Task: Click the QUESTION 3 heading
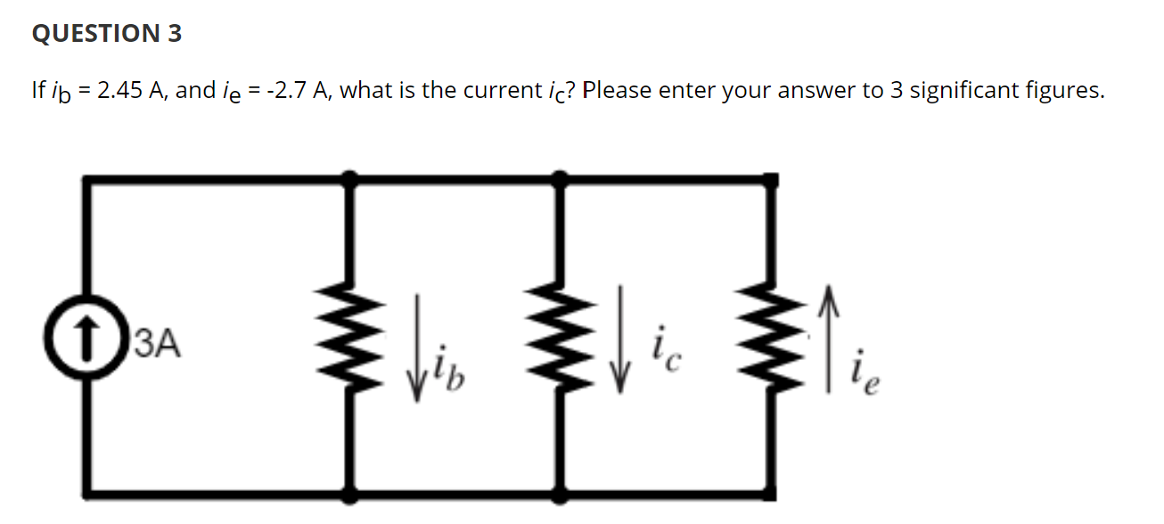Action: point(106,34)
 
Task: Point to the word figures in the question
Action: point(1066,91)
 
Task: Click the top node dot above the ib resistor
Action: point(351,179)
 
